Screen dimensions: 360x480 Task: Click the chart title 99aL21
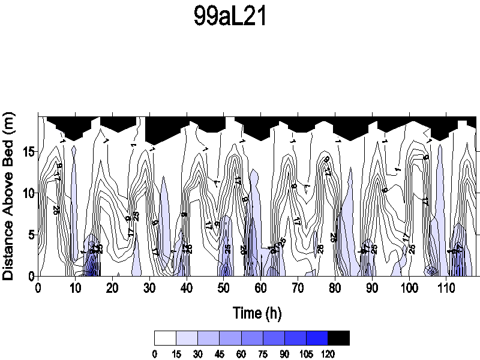click(230, 17)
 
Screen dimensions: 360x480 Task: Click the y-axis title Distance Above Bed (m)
click(9, 197)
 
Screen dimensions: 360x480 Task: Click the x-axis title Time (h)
click(257, 313)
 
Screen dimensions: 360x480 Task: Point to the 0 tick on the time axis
click(38, 288)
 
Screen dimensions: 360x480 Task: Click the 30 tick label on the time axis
click(149, 288)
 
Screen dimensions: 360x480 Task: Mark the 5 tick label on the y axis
click(28, 234)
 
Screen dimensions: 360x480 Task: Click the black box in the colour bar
click(338, 338)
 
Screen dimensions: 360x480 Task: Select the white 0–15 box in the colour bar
click(165, 338)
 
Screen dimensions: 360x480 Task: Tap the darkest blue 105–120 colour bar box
click(317, 338)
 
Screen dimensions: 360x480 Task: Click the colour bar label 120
click(328, 355)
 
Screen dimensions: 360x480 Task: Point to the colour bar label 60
click(241, 355)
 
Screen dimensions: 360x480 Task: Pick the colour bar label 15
click(176, 355)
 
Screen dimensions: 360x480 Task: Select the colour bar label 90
click(284, 355)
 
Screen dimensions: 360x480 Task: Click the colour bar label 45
click(220, 355)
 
